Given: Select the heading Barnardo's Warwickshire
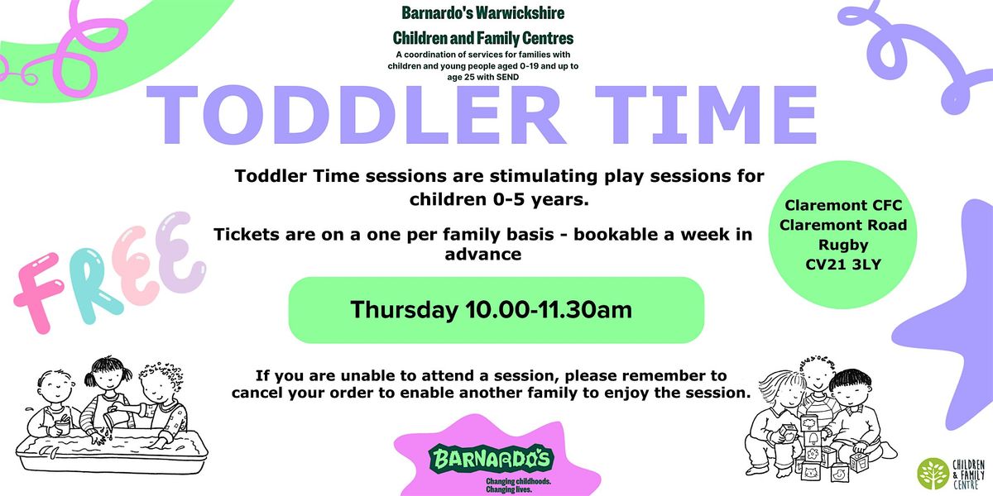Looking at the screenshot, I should [x=482, y=13].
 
